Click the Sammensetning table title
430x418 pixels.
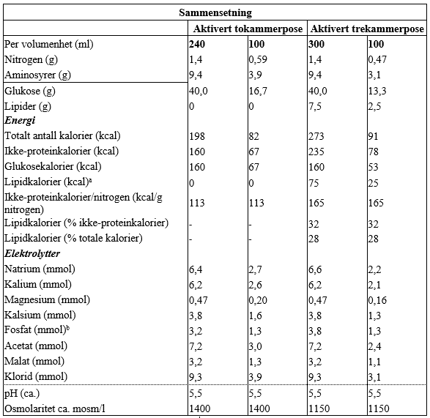(215, 12)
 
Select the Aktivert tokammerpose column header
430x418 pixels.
(248, 29)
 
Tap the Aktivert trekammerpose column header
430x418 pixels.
(367, 29)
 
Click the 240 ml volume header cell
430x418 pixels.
(197, 44)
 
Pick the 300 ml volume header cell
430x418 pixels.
(316, 44)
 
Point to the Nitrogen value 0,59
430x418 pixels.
(258, 59)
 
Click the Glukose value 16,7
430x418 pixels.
(258, 91)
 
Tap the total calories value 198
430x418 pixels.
(197, 136)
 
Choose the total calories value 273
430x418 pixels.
(316, 136)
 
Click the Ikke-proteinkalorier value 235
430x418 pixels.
(316, 152)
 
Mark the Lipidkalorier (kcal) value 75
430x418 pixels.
(314, 183)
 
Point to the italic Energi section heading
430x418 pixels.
(20, 120)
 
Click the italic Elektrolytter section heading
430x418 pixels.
(32, 253)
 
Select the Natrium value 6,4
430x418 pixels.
(196, 269)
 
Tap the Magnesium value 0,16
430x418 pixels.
(377, 300)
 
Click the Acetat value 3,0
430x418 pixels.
(256, 346)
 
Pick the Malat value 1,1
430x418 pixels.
(374, 362)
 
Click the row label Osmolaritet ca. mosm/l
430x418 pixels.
(55, 408)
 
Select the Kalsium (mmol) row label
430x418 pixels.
(40, 316)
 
